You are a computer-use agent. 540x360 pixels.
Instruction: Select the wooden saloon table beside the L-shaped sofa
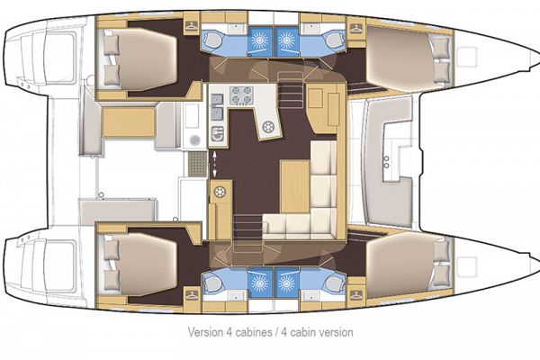[x=293, y=184]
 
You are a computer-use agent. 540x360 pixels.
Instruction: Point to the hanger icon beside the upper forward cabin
[x=355, y=28]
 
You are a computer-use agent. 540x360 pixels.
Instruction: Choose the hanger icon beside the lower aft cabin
[x=190, y=294]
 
